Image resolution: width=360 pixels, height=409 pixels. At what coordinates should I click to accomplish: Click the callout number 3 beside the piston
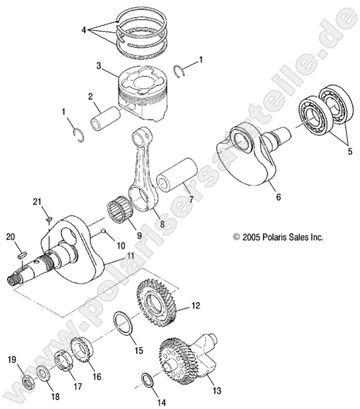point(99,65)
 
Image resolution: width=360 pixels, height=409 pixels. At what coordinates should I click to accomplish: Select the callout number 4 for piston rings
point(84,30)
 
